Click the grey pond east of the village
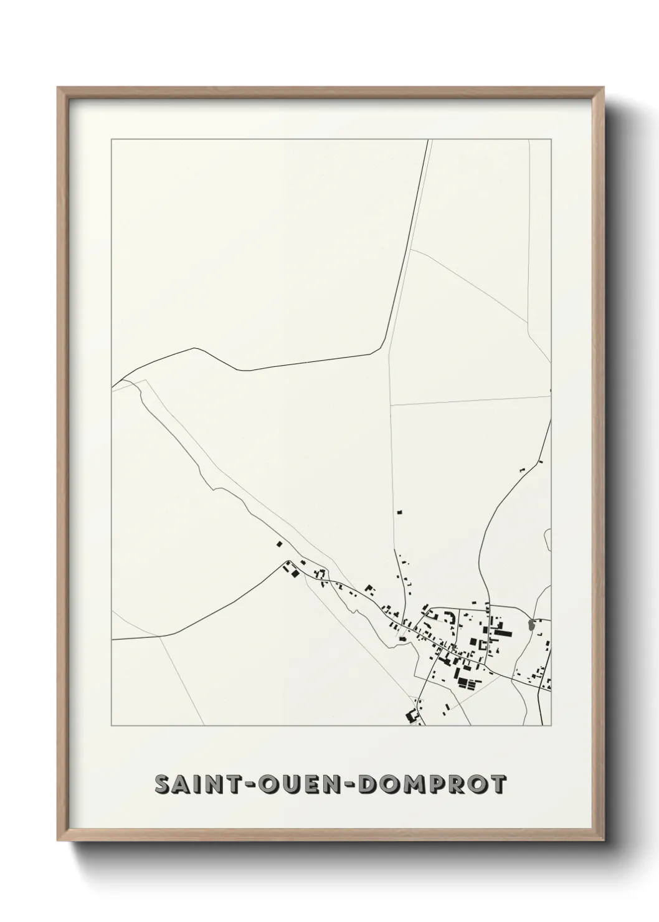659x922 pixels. [531, 624]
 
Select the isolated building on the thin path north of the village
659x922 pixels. [400, 511]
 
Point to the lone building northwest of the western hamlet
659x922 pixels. [279, 544]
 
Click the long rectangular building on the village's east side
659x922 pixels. [502, 634]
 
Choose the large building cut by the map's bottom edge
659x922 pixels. [411, 717]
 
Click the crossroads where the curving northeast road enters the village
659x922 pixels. [489, 606]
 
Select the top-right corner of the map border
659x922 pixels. [551, 140]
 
